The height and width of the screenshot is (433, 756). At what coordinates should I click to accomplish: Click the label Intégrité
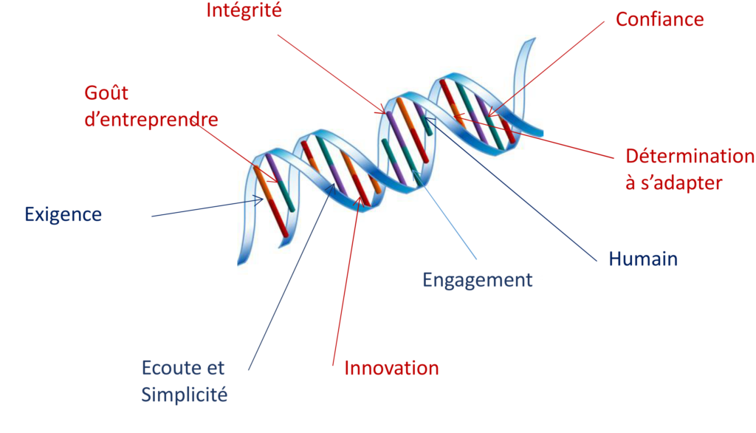(x=244, y=10)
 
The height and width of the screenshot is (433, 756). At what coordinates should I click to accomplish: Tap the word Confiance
(x=659, y=19)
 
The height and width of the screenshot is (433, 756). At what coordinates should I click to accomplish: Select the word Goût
(x=106, y=92)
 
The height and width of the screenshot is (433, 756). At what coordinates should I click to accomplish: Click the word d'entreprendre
(x=151, y=119)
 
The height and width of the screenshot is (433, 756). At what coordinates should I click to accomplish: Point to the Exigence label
(x=63, y=214)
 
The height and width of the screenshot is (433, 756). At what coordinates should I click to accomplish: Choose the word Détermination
(x=690, y=156)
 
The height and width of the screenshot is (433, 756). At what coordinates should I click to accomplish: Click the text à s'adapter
(x=673, y=183)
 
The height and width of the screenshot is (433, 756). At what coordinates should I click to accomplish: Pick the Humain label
(x=643, y=259)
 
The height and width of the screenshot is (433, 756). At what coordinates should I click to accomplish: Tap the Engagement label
(x=478, y=280)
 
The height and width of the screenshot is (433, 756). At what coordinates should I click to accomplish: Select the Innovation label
(x=391, y=368)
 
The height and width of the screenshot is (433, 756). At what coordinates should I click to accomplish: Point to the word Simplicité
(x=184, y=395)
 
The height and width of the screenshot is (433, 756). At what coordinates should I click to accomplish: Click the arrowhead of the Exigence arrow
(x=259, y=200)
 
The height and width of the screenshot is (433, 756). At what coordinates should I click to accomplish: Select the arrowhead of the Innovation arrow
(x=358, y=202)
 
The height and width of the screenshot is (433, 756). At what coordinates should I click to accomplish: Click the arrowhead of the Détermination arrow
(x=459, y=117)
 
